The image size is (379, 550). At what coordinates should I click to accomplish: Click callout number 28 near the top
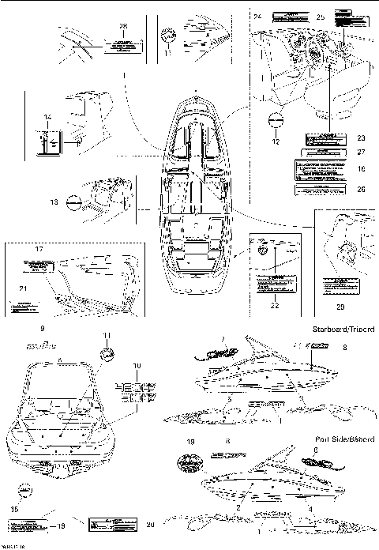pos(122,26)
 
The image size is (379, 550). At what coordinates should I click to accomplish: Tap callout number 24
pos(257,16)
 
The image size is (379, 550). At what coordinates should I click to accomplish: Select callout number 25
pos(320,17)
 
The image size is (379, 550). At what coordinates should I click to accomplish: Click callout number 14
pos(47,117)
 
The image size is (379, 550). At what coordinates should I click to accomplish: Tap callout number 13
pos(54,202)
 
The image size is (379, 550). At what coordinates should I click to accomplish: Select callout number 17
pos(37,249)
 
